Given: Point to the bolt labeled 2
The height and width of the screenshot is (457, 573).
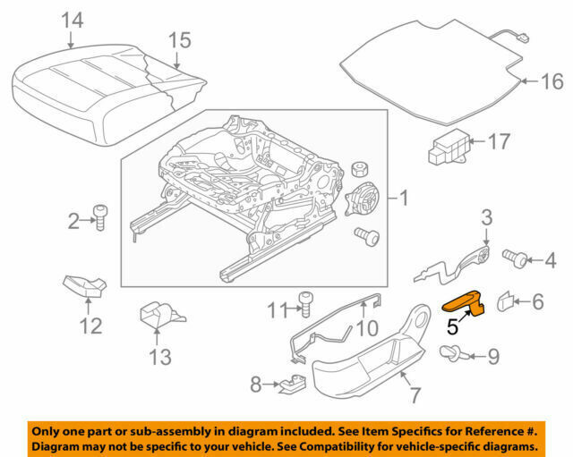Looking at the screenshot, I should click(100, 217).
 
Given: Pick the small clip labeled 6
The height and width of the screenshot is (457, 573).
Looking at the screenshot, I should click(506, 303).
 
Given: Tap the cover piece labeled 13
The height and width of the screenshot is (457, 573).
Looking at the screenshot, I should click(158, 316).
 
